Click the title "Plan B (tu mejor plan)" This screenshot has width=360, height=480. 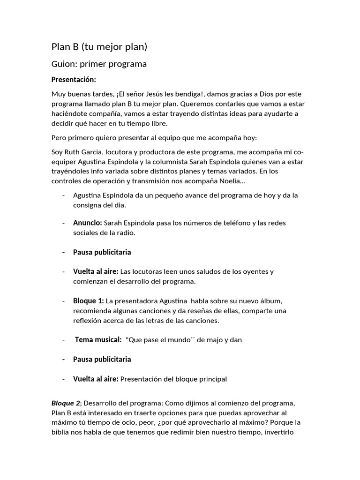coord(99,46)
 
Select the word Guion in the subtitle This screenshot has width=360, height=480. coord(63,64)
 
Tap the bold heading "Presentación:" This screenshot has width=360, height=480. coord(74,80)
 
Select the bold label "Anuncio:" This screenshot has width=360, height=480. coord(87,223)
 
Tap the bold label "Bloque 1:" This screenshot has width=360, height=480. coord(88,300)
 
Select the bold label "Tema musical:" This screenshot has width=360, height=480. coord(98,340)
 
